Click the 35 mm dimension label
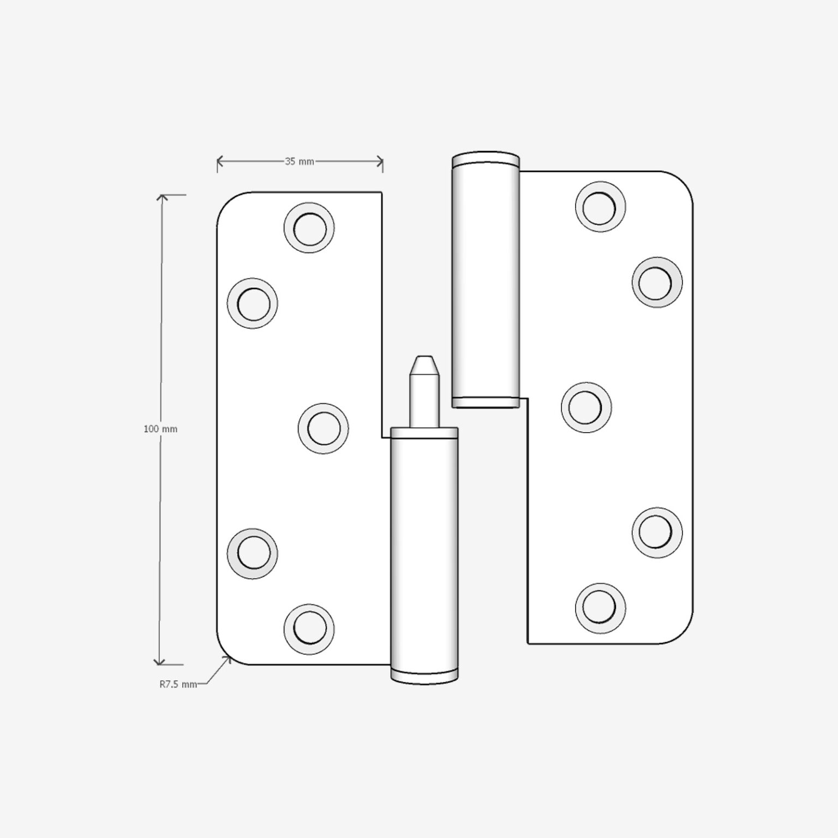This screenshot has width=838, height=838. [299, 161]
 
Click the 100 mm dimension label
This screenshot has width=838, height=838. [160, 429]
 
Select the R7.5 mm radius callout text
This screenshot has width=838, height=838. [178, 684]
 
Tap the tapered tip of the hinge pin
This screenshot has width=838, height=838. [424, 364]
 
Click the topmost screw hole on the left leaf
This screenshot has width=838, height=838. [309, 228]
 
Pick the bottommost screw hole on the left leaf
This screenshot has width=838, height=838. [309, 629]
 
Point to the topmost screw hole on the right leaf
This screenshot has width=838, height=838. [600, 207]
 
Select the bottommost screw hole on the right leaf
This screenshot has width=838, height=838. [600, 608]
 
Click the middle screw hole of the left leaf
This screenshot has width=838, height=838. [323, 428]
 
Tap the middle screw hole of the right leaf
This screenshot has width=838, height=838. [586, 407]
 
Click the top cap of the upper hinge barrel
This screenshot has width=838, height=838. [486, 158]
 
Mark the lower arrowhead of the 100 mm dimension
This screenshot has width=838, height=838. [159, 662]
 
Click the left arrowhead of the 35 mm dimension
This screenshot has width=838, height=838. [220, 161]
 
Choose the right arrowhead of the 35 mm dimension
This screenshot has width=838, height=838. [380, 161]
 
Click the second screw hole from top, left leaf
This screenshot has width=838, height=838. [252, 303]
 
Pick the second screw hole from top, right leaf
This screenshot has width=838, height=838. [657, 282]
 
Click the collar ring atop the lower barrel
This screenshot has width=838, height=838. [424, 433]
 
